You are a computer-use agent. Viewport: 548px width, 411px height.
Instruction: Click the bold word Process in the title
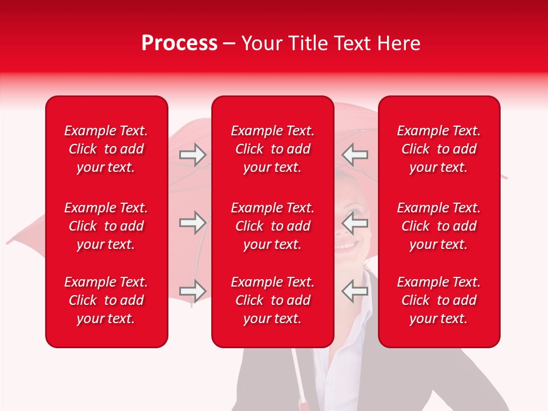click(x=179, y=43)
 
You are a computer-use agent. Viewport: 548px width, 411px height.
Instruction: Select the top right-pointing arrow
click(x=193, y=155)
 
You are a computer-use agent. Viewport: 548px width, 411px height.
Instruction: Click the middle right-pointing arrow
click(x=193, y=223)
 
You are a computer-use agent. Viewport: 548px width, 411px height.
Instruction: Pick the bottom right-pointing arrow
click(x=193, y=291)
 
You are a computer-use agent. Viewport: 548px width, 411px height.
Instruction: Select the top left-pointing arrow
click(x=355, y=155)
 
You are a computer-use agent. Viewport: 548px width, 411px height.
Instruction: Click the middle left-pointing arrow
click(x=355, y=223)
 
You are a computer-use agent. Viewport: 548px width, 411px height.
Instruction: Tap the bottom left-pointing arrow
click(x=355, y=291)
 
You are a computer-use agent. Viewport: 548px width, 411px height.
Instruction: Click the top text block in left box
click(x=106, y=149)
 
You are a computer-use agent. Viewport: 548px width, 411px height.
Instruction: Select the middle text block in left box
click(x=106, y=226)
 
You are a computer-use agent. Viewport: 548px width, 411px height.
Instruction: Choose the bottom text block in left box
click(x=106, y=300)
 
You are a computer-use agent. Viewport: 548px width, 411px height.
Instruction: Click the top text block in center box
click(x=272, y=149)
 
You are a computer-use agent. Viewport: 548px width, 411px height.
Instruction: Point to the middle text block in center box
click(x=272, y=226)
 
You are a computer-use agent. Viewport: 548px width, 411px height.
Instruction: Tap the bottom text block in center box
click(x=272, y=300)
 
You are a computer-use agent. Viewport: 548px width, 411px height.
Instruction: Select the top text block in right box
click(x=438, y=149)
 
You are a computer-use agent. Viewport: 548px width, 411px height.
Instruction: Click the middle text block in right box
click(x=438, y=226)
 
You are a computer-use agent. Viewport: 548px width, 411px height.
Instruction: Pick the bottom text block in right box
click(x=438, y=300)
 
